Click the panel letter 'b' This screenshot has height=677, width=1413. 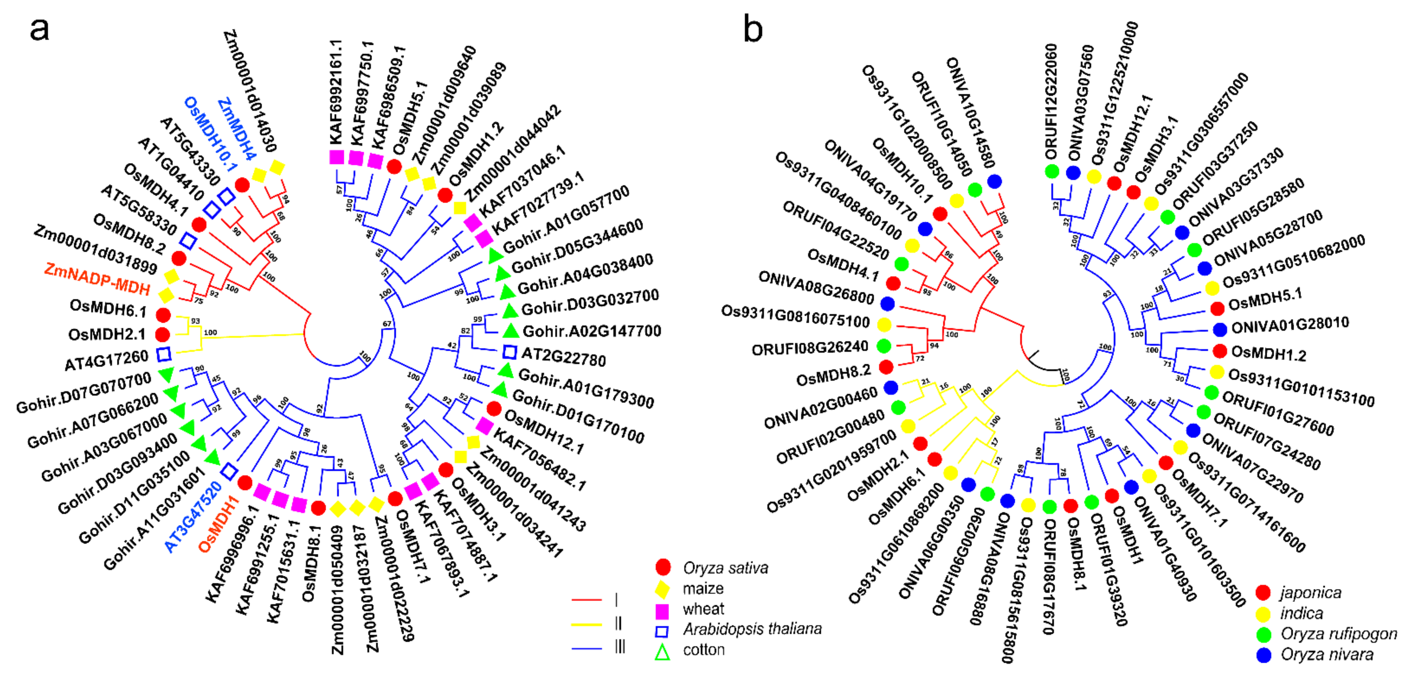tap(753, 29)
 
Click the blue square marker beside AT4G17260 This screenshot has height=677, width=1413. tap(163, 354)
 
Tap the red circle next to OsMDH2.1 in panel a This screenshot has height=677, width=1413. tap(162, 334)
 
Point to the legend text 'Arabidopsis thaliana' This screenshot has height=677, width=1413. tap(752, 629)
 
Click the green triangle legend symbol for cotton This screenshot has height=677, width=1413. tap(663, 652)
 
